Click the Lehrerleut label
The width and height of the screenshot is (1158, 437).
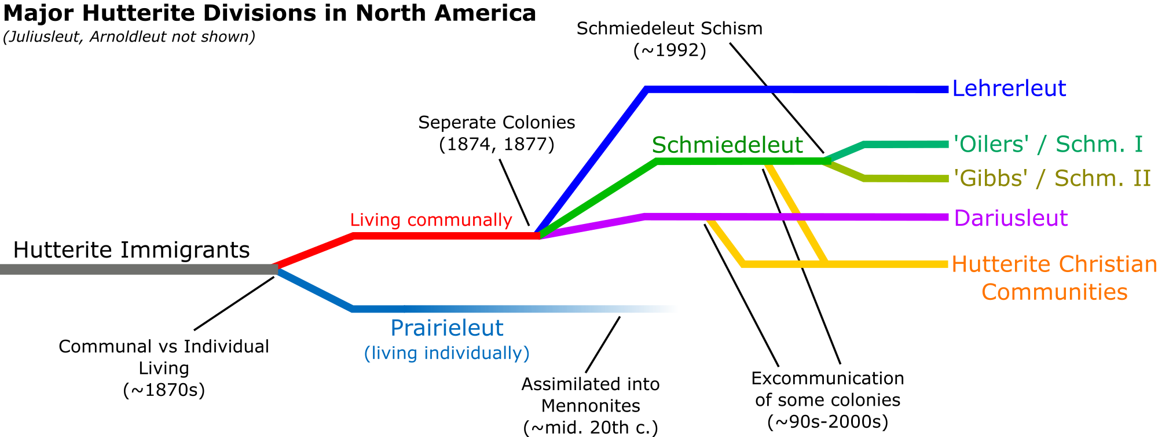coord(1009,89)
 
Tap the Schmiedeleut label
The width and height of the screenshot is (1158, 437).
coord(727,145)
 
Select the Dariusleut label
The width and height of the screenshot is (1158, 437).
coord(1010,218)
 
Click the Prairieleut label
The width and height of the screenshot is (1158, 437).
coord(447,328)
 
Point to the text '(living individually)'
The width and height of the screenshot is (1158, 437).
coord(446,353)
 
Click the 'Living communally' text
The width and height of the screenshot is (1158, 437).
coord(431,220)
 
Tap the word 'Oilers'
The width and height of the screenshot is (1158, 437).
coord(991,144)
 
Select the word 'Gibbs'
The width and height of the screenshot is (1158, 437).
coord(991,178)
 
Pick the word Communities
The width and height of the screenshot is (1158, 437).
coord(1054,292)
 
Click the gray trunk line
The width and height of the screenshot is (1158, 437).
coord(139,269)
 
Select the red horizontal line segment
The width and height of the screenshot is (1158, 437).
coord(446,236)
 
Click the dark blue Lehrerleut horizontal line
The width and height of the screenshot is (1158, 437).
coord(799,89)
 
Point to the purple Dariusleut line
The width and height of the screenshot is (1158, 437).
coord(868,217)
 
